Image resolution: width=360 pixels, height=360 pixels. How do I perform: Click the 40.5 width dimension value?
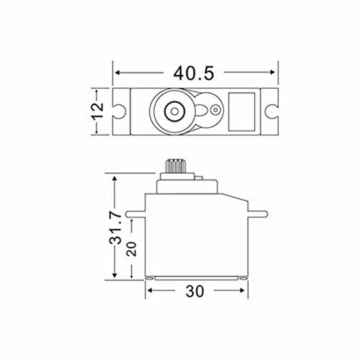tap(194, 72)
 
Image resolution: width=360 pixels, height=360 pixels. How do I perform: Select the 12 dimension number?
tap(97, 111)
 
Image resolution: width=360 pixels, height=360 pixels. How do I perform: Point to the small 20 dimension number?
tap(131, 248)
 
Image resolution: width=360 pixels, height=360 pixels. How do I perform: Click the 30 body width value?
tap(194, 291)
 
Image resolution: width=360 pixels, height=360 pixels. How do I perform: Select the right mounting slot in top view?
tap(271, 111)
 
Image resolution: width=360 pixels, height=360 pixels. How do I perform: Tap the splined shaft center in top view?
tap(173, 111)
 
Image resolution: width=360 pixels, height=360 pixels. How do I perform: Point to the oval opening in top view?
tap(202, 111)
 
